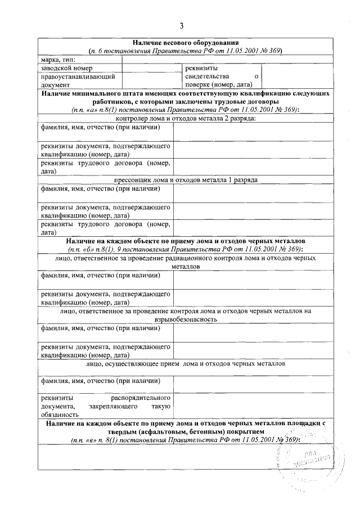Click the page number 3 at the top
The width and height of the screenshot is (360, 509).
[x=182, y=25]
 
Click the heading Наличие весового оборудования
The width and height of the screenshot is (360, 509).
[x=186, y=43]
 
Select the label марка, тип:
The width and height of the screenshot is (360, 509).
[x=58, y=59]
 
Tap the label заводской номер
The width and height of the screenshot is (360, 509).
[x=64, y=67]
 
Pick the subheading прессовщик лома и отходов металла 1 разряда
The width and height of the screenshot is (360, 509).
[x=186, y=181]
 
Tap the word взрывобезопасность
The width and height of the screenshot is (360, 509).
[x=186, y=319]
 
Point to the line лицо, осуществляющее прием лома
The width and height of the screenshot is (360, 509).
[x=186, y=364]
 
